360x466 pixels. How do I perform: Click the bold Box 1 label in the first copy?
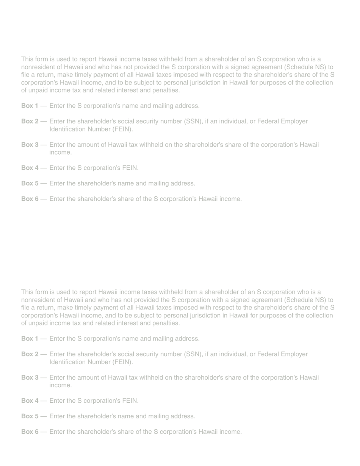click(30, 106)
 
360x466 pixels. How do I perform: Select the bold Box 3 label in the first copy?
click(30, 145)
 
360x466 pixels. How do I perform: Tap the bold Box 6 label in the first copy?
click(30, 199)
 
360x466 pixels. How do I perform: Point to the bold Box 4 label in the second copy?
click(30, 401)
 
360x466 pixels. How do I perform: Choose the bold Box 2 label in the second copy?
click(30, 354)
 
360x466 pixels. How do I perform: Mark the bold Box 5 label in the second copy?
click(30, 416)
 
